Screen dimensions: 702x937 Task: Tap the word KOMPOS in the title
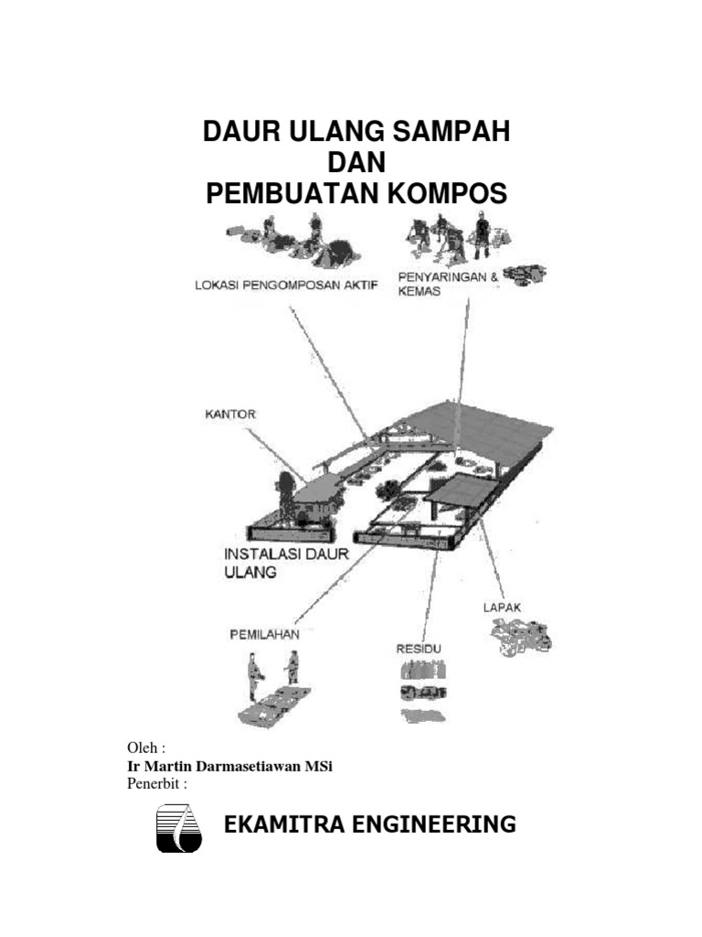coord(442,194)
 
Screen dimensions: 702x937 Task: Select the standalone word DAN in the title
coord(356,163)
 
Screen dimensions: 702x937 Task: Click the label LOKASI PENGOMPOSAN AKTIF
coord(286,284)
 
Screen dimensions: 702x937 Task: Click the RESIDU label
coord(419,648)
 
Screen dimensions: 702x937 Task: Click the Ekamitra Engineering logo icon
coord(178,828)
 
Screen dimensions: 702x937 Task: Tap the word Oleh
coord(143,749)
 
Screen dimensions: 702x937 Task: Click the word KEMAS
coord(420,291)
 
